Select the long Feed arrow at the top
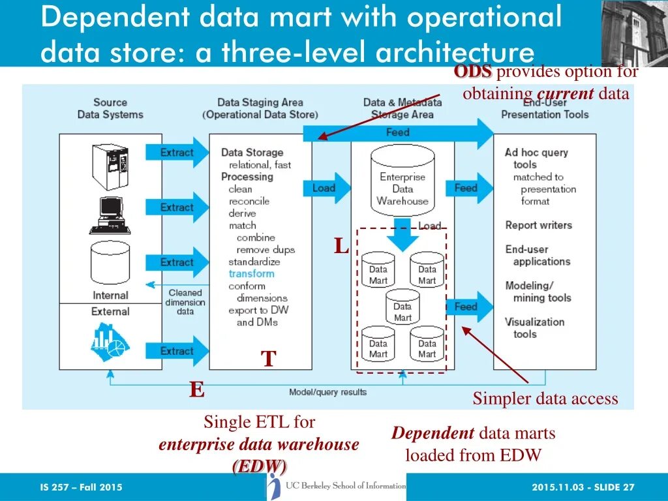[x=398, y=133]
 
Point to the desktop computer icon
[x=109, y=213]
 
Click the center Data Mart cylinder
[x=402, y=307]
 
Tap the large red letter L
[x=341, y=247]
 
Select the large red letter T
[x=268, y=358]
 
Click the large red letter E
[x=196, y=390]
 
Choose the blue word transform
[x=251, y=273]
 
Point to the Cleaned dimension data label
[x=185, y=302]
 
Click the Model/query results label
[x=327, y=392]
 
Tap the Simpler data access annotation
[x=545, y=399]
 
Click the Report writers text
[x=538, y=225]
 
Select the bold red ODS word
[x=474, y=72]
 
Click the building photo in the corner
[x=634, y=33]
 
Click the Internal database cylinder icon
[x=110, y=262]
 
